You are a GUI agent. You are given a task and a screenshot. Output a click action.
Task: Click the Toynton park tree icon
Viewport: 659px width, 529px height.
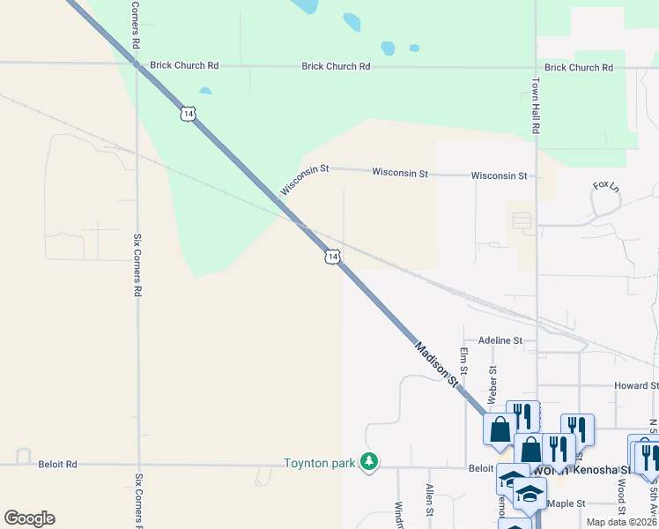pos(371,462)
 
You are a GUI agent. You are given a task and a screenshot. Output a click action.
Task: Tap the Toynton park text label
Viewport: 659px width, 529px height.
pos(317,463)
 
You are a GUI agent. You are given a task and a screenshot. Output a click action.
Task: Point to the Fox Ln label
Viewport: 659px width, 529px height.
pos(606,187)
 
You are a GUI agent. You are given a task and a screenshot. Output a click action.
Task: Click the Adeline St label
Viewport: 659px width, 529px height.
pos(500,339)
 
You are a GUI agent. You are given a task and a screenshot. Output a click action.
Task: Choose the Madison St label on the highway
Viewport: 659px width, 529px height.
pos(438,362)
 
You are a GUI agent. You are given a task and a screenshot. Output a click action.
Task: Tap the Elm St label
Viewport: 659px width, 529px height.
pos(463,362)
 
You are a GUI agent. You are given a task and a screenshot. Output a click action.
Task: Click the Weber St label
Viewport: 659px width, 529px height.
pos(492,383)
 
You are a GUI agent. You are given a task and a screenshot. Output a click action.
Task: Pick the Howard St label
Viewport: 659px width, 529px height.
pos(636,385)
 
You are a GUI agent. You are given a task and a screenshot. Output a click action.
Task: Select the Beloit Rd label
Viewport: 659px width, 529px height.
pos(58,464)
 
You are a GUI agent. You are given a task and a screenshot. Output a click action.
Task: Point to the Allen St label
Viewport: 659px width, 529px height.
pos(429,499)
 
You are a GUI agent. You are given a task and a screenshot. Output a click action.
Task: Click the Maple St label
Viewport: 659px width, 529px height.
pos(566,503)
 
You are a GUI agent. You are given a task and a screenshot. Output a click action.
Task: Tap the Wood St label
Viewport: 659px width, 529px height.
pos(622,496)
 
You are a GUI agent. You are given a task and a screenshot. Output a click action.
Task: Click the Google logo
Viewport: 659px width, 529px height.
pos(29,518)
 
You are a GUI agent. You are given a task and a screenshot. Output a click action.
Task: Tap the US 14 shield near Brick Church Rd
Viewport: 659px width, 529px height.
pos(187,113)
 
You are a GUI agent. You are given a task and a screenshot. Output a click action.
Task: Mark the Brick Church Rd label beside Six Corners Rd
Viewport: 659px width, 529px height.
pos(184,65)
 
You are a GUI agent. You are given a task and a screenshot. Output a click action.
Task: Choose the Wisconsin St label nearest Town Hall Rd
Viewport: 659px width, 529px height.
pos(499,175)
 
